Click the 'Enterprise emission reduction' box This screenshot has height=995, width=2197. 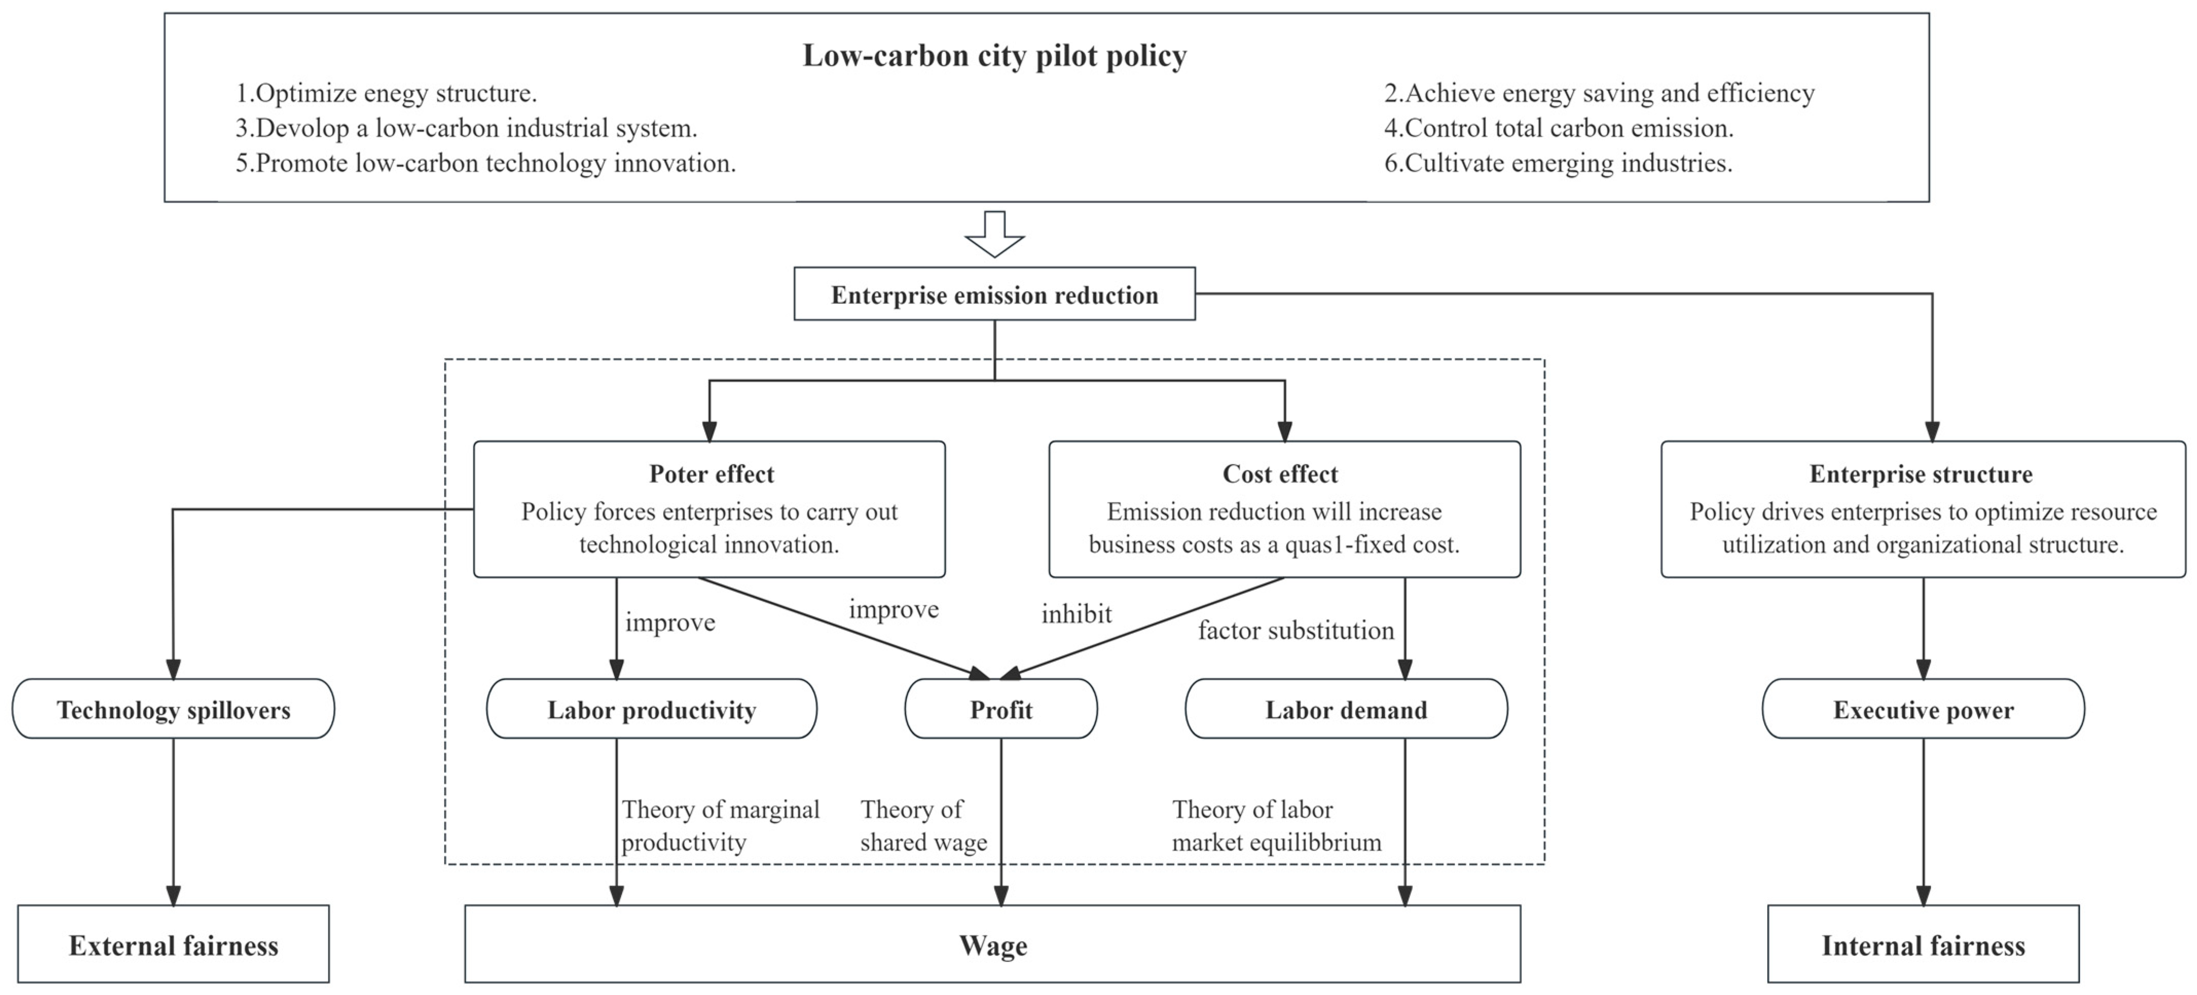[x=995, y=295]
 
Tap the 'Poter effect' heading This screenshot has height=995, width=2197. [x=711, y=474]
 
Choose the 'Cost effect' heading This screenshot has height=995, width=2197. [x=1279, y=474]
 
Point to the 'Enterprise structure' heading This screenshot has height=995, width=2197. [x=1920, y=474]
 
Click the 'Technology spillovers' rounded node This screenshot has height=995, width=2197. [x=173, y=709]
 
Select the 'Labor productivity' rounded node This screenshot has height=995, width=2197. [x=652, y=709]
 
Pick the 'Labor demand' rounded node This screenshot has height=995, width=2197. [x=1346, y=709]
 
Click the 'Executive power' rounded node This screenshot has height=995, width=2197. [x=1923, y=709]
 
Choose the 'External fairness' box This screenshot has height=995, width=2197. [x=173, y=945]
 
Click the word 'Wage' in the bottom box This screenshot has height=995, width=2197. [x=993, y=945]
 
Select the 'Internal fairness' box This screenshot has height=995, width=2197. [x=1923, y=945]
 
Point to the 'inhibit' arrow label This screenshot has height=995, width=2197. [x=1076, y=613]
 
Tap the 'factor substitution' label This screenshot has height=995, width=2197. [x=1295, y=630]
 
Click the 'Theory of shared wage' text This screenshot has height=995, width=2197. [x=923, y=825]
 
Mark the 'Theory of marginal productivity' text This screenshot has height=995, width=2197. [x=720, y=825]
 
